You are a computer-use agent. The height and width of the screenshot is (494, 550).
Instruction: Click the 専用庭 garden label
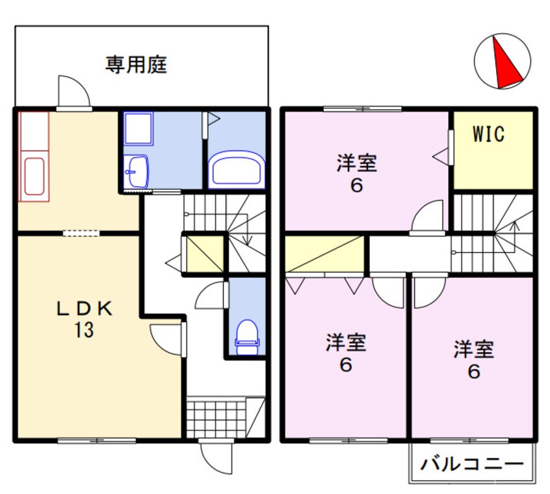point(137,65)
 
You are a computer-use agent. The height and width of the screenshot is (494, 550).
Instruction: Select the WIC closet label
point(488,135)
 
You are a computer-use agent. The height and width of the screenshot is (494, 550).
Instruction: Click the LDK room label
point(85,308)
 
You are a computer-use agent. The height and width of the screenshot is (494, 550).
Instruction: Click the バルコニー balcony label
point(472,465)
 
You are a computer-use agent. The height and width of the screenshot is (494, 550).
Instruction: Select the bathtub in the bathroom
point(236,169)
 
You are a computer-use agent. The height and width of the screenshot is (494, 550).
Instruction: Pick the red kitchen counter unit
point(34,156)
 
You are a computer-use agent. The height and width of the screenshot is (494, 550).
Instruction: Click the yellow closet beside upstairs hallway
point(324,254)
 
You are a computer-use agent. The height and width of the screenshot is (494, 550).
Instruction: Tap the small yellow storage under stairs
point(205,254)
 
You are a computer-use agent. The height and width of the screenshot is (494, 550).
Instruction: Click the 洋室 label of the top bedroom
point(356,163)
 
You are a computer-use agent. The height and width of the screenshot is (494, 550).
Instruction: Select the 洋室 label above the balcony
point(473,350)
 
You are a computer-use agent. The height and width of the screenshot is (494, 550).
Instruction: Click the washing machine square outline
point(138,129)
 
